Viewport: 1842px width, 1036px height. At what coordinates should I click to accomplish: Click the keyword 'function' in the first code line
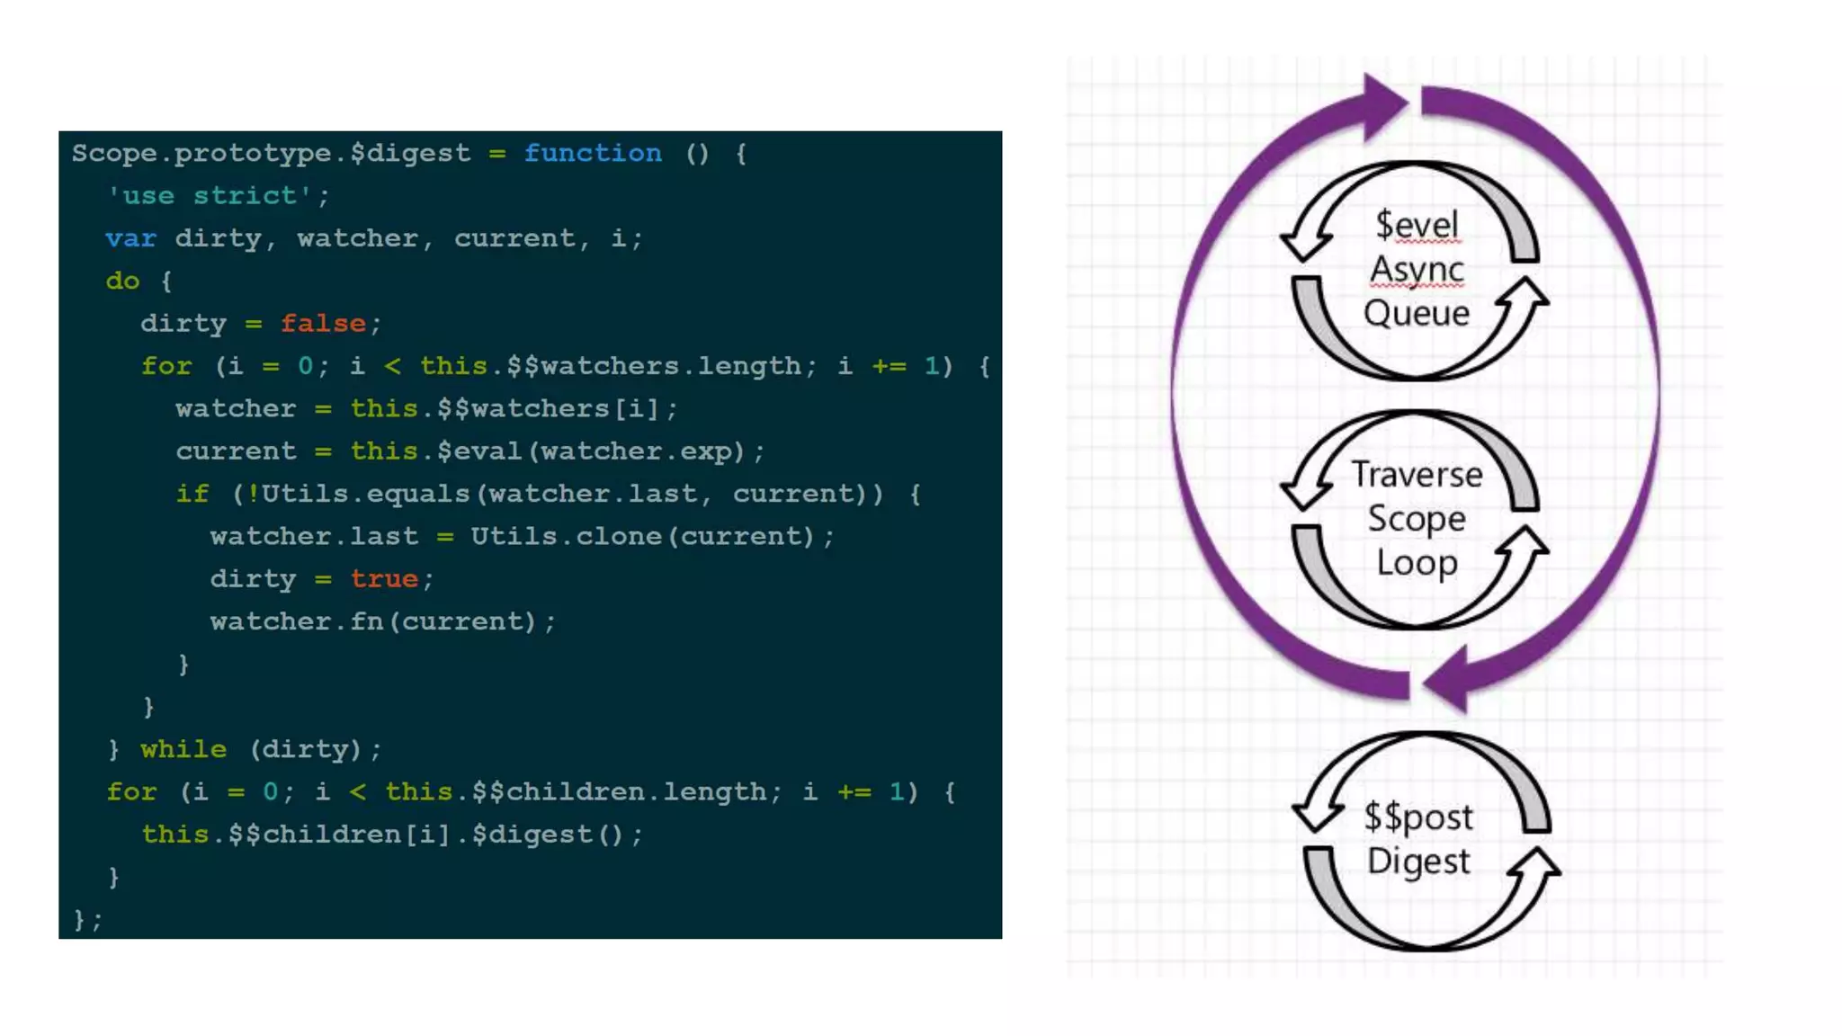(593, 153)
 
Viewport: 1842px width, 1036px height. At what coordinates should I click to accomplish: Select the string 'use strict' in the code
(210, 195)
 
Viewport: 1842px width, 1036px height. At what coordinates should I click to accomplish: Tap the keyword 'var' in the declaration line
(130, 238)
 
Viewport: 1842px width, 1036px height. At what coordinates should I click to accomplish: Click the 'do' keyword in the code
(122, 281)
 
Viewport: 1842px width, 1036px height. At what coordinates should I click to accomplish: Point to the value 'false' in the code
(323, 323)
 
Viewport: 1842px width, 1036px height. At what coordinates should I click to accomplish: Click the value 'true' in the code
(384, 578)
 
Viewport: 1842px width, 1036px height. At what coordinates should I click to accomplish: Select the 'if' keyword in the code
(192, 494)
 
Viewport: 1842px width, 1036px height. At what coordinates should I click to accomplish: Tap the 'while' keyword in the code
(183, 749)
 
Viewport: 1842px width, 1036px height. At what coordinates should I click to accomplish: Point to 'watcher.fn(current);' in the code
(383, 621)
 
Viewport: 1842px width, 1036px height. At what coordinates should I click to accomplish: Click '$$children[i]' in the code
(338, 835)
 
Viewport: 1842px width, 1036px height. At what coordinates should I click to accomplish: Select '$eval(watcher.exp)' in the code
(592, 451)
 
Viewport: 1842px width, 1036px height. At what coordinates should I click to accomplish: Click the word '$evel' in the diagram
(1417, 225)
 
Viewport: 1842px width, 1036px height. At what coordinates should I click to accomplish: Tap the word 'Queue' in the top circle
(1416, 313)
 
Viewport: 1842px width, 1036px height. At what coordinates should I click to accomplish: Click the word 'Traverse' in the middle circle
(1417, 474)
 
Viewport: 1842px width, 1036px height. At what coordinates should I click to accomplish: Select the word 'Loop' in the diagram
(1417, 563)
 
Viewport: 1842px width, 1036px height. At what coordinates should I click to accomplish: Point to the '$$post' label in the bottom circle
(1418, 817)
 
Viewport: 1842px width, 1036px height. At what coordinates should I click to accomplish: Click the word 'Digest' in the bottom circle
(1418, 861)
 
